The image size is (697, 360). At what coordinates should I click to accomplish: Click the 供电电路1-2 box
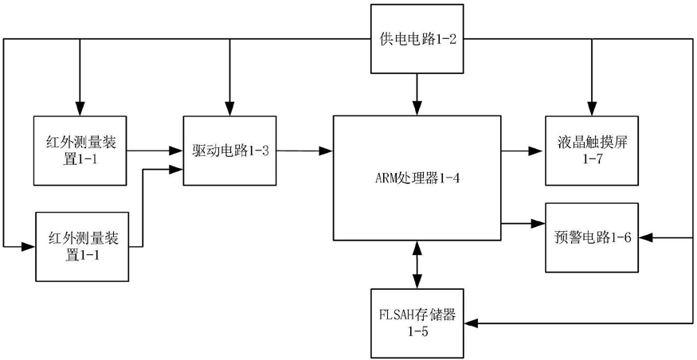tap(417, 39)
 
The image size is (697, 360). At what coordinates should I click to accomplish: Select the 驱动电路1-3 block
tap(229, 151)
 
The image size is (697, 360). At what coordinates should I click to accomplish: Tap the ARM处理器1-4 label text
tap(417, 178)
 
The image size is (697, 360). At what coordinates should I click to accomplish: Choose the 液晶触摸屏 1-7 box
tap(592, 151)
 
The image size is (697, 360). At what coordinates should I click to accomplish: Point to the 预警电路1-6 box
tap(592, 237)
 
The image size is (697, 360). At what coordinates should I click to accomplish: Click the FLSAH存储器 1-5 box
tap(417, 323)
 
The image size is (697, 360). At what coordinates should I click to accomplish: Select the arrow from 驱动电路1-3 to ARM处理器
tap(304, 151)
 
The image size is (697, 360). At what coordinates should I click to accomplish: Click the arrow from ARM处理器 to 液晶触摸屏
tap(523, 151)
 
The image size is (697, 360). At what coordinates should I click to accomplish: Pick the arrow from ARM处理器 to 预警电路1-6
tap(523, 222)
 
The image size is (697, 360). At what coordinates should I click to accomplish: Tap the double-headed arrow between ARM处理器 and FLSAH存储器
tap(417, 265)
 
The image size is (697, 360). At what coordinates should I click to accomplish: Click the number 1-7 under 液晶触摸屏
tap(592, 159)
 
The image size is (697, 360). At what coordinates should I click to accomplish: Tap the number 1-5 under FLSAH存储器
tap(417, 331)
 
